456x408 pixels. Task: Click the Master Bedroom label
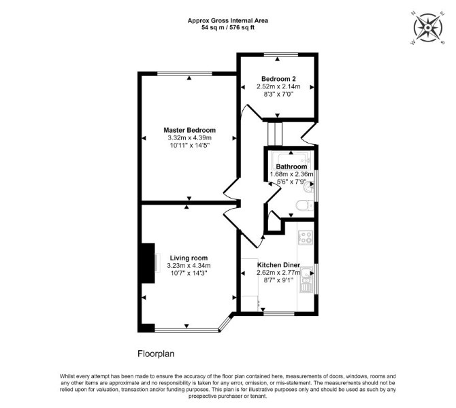click(190, 130)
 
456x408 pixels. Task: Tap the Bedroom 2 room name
click(278, 79)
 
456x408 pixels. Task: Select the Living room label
click(189, 258)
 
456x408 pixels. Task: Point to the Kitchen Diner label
click(278, 265)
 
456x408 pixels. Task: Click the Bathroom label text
click(291, 167)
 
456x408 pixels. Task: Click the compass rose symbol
click(428, 28)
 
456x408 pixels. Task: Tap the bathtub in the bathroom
click(291, 158)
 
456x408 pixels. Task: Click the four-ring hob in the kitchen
click(306, 237)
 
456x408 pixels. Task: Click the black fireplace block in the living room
click(148, 263)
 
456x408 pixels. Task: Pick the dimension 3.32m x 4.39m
click(189, 138)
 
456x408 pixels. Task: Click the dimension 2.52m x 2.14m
click(278, 86)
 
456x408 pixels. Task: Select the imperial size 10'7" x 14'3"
click(189, 273)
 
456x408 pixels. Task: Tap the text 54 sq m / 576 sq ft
click(228, 28)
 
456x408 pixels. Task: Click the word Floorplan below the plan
click(156, 354)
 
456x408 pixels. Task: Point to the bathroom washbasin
click(308, 189)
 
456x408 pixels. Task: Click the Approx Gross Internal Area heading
click(228, 20)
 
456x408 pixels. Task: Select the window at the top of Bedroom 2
click(281, 54)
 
